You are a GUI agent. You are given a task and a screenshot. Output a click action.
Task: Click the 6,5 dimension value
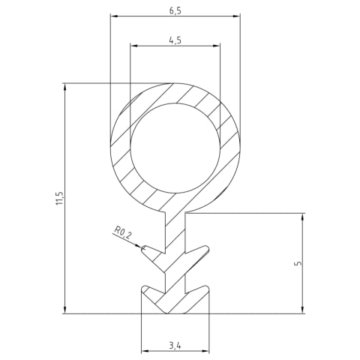click(x=175, y=11)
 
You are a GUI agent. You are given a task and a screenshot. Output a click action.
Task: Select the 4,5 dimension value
click(x=175, y=40)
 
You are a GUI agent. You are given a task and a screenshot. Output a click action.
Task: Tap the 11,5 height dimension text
click(x=60, y=199)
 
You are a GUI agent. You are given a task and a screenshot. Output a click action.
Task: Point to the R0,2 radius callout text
click(x=122, y=232)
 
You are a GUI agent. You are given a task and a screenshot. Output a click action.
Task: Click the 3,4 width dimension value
click(x=175, y=346)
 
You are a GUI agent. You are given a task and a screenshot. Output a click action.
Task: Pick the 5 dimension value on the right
click(x=298, y=263)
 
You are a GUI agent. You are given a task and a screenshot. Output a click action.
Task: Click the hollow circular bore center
click(x=175, y=148)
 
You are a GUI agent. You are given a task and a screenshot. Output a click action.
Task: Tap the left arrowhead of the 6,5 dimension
click(x=114, y=16)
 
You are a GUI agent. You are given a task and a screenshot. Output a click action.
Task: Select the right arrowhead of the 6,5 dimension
click(x=236, y=16)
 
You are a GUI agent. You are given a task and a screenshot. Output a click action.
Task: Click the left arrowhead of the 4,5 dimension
click(x=134, y=46)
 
